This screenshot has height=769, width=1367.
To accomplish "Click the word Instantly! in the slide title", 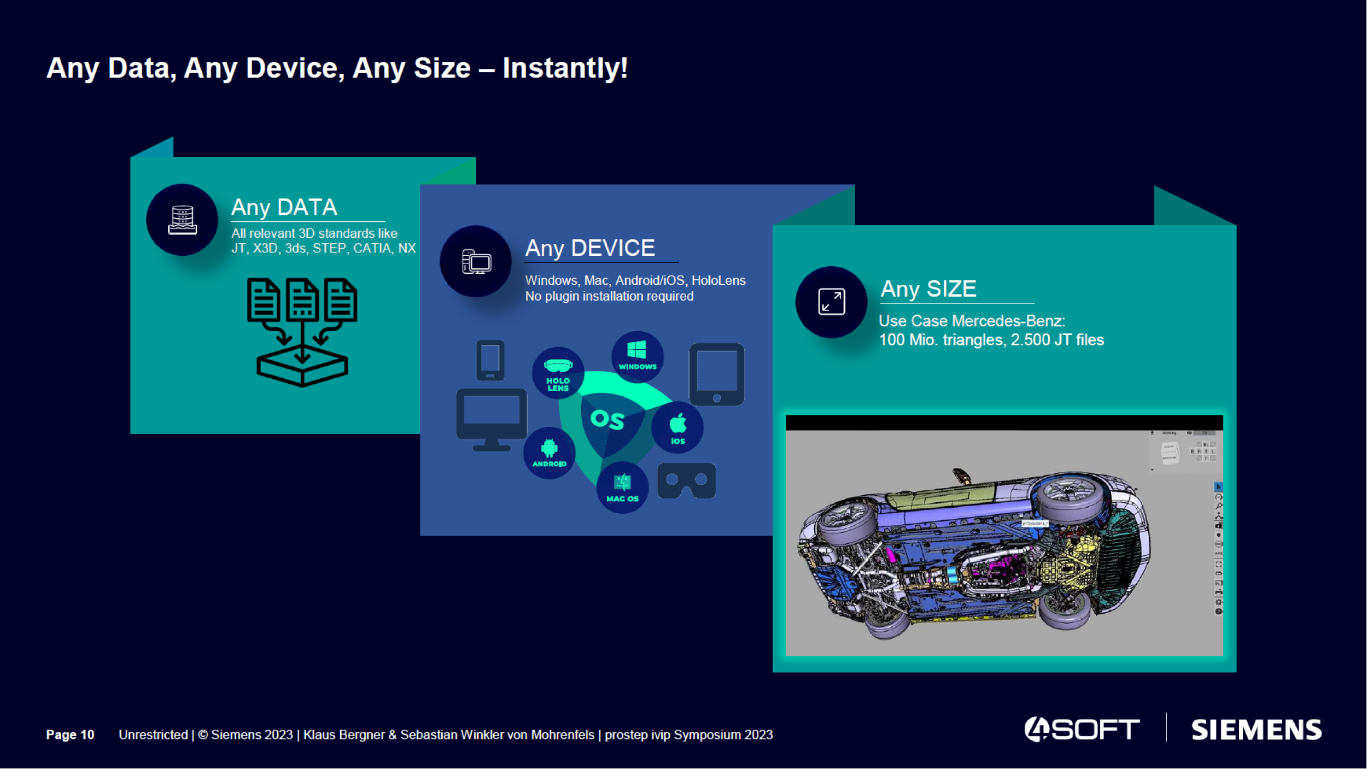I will pyautogui.click(x=565, y=68).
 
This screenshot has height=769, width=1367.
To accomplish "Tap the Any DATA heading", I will pyautogui.click(x=284, y=208).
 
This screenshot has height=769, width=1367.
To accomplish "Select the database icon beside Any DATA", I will pyautogui.click(x=182, y=220).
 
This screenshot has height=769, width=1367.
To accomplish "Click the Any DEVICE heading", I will pyautogui.click(x=590, y=248).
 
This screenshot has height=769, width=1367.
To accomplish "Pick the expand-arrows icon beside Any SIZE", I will pyautogui.click(x=831, y=302).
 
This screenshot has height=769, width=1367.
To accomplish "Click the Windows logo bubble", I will pyautogui.click(x=637, y=356).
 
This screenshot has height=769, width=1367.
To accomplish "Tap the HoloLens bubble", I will pyautogui.click(x=558, y=373).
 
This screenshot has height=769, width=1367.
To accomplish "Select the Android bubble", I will pyautogui.click(x=549, y=453).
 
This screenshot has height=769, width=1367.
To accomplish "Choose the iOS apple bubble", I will pyautogui.click(x=677, y=427).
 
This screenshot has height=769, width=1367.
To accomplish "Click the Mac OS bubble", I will pyautogui.click(x=622, y=487).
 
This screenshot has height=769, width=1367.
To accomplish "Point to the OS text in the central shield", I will pyautogui.click(x=607, y=420).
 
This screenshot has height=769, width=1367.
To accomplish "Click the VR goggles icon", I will pyautogui.click(x=686, y=480).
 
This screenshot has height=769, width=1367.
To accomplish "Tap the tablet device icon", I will pyautogui.click(x=716, y=374).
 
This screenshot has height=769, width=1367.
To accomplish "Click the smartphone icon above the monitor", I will pyautogui.click(x=490, y=360).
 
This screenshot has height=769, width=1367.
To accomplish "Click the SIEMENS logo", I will pyautogui.click(x=1256, y=730).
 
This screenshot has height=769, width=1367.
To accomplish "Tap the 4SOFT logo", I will pyautogui.click(x=1082, y=730).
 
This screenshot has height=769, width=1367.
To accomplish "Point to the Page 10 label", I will pyautogui.click(x=70, y=735).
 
